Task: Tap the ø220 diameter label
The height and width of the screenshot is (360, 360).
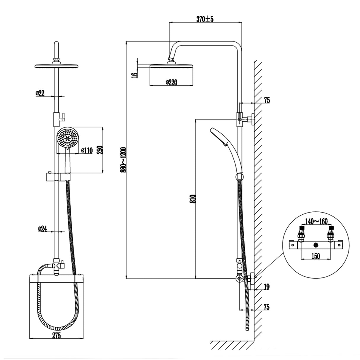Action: point(171,82)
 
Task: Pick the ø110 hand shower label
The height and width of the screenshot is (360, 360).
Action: point(87,150)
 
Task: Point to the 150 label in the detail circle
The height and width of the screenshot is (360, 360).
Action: point(316,256)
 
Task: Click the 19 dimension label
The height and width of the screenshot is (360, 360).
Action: point(267,286)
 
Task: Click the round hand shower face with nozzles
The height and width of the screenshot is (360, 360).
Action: point(68,137)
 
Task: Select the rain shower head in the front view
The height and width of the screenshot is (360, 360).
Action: point(56,66)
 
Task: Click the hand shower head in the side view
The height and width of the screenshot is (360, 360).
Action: point(219,136)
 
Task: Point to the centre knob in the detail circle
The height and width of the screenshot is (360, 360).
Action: point(316,245)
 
